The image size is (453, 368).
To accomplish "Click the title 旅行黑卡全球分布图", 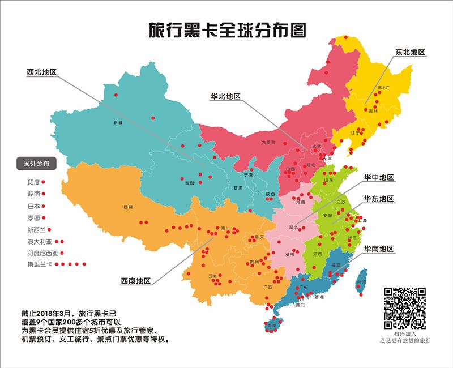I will coord(226,30).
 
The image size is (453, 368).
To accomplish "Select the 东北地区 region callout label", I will coord(410,52).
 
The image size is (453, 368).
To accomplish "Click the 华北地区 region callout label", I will coord(225,96).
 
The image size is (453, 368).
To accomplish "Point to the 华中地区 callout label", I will coord(379,178).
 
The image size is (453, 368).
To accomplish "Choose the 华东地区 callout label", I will coord(379,199).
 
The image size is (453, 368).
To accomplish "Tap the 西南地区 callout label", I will coord(135,281).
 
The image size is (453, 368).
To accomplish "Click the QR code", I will coord(405,309).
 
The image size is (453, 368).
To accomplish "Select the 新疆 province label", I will coord(118,122).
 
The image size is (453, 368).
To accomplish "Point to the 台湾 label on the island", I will coord(360,282).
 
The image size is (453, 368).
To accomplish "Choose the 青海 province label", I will coord(189,183).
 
